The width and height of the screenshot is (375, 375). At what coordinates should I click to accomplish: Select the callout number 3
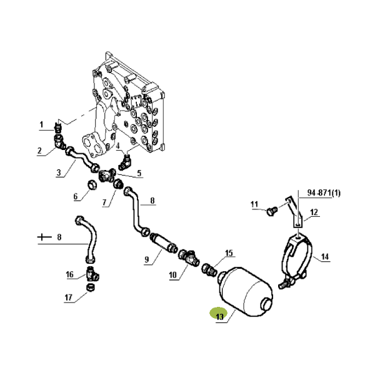(x=58, y=172)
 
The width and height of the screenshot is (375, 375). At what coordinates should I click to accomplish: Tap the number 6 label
(x=76, y=196)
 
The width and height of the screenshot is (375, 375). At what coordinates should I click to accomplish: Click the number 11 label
(x=254, y=204)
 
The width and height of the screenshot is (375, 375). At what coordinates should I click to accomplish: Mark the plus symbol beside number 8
(x=42, y=237)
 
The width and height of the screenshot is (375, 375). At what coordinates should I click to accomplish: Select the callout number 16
(x=70, y=274)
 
